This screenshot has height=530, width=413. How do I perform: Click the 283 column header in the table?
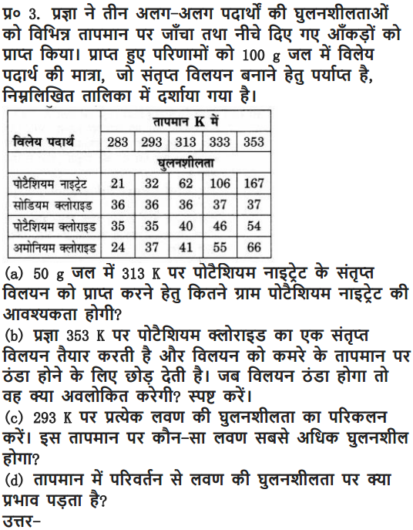pos(118,142)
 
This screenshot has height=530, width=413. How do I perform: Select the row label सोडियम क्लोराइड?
pos(53,205)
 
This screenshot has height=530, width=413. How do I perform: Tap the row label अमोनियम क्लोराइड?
pos(53,248)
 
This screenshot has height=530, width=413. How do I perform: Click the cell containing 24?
pos(118,248)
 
